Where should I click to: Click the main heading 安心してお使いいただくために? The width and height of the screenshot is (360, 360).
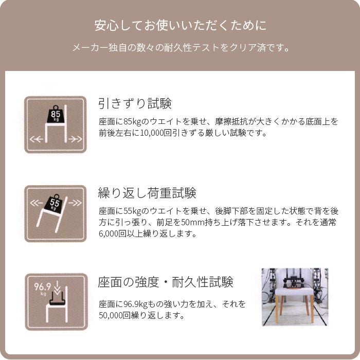click(x=180, y=26)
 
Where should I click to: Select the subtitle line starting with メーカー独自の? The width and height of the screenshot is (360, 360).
click(x=180, y=49)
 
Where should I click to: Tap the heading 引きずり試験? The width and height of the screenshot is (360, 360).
click(x=135, y=103)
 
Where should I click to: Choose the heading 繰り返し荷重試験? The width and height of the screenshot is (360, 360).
click(x=147, y=193)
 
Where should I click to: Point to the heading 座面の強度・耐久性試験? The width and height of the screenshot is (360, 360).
click(x=165, y=282)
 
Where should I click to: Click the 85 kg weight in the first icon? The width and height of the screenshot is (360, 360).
click(x=56, y=114)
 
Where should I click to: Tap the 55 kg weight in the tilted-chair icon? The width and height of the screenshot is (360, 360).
click(x=56, y=204)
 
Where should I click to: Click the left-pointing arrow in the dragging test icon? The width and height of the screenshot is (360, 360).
click(x=36, y=139)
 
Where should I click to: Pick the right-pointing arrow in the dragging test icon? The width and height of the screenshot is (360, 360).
click(x=75, y=139)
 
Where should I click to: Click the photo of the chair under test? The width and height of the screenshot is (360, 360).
click(x=294, y=297)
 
